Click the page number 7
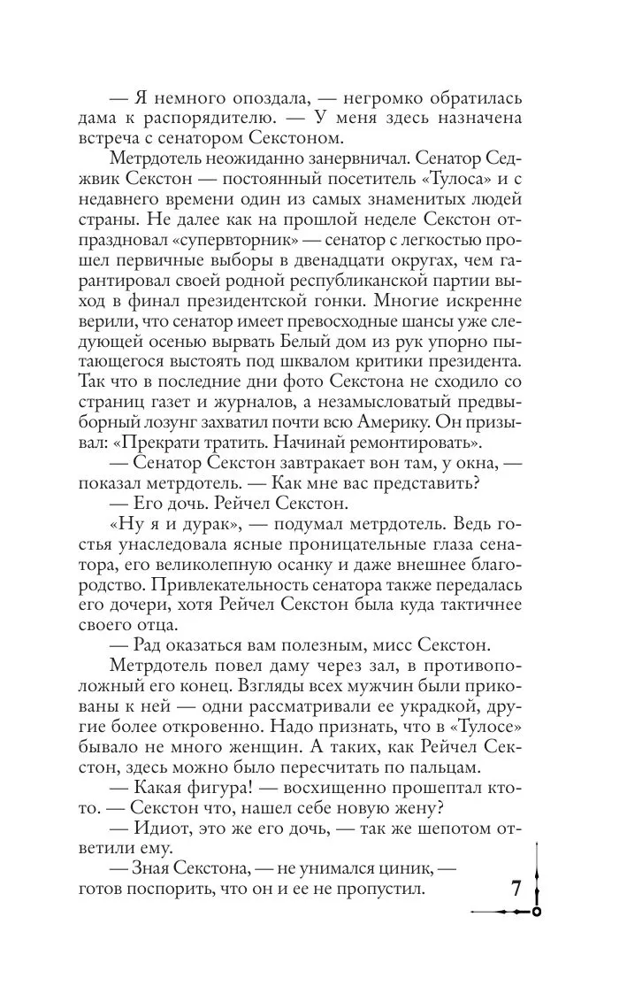coord(518,888)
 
